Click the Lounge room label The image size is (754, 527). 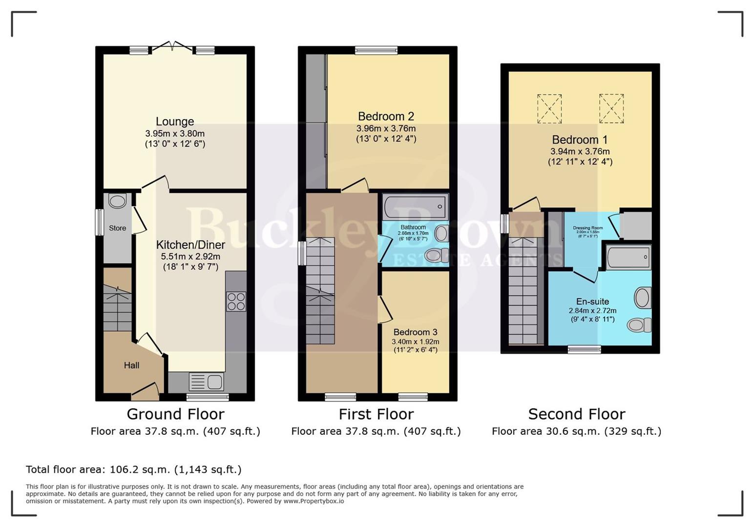pos(175,122)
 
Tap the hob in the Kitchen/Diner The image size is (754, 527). pos(236,301)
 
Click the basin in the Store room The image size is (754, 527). pos(117,201)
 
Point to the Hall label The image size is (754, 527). pos(131,365)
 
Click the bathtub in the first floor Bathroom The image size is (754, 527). pos(415,207)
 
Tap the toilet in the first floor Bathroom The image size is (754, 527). pos(436,255)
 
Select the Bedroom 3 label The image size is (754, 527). pos(415,332)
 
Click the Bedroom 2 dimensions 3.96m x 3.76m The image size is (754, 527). pos(386,128)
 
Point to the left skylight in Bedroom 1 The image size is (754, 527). pos(549,108)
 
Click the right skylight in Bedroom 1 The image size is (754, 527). pos(611,108)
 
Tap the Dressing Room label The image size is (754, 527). pos(587,228)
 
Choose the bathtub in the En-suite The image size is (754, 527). pos(628,257)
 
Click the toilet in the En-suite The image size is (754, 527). pos(640,324)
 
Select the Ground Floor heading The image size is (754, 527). pos(175,414)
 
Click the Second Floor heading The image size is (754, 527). pos(576,414)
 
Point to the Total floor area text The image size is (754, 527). pos(133,469)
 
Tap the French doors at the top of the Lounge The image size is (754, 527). pos(172,47)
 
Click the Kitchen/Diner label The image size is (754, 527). pos(190,244)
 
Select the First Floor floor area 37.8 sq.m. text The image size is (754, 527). pos(376,431)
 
